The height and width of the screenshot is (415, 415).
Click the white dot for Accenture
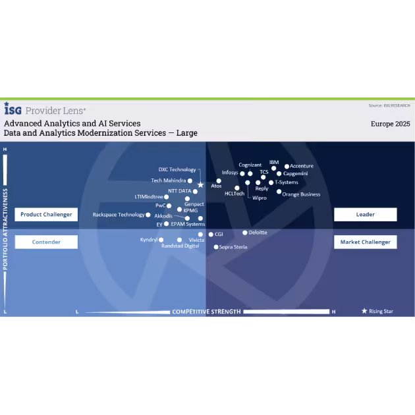(x=287, y=167)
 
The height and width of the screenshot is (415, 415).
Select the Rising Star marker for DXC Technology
(x=201, y=185)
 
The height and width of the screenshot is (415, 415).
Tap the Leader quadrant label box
(x=365, y=214)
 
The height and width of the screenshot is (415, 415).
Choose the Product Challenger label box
(x=46, y=214)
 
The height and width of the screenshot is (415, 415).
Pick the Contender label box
(x=46, y=242)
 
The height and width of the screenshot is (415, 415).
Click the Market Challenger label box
(x=365, y=242)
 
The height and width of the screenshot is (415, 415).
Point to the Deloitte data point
(x=245, y=233)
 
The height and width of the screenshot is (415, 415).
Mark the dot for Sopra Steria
(x=216, y=247)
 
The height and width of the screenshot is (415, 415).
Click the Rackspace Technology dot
(x=148, y=215)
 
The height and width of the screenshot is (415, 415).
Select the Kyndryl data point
(x=161, y=240)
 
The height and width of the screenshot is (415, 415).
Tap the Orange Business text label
(x=301, y=194)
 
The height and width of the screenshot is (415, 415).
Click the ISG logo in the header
(x=13, y=109)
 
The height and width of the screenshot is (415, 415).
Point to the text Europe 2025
(x=391, y=124)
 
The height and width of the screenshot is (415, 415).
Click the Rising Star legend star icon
(x=364, y=311)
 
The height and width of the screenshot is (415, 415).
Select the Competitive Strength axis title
(x=206, y=312)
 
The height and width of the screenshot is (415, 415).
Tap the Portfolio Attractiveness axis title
(x=5, y=229)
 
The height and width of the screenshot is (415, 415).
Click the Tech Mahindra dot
(x=190, y=180)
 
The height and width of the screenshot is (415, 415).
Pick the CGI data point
(x=211, y=235)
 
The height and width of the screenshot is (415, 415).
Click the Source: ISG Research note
(x=389, y=105)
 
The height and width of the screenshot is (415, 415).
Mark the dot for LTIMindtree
(x=166, y=197)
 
